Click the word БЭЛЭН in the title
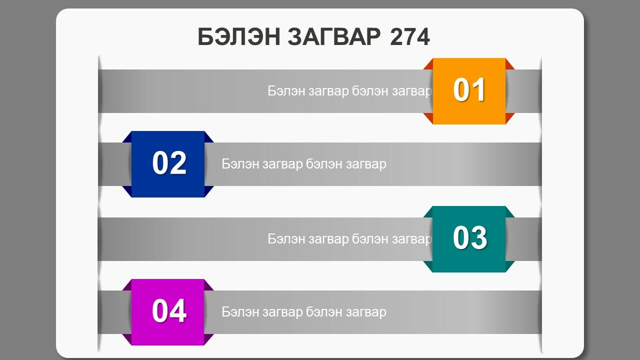click(x=239, y=37)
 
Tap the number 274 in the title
click(x=409, y=37)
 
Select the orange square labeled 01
click(x=469, y=91)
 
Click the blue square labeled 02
click(x=168, y=164)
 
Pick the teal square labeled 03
click(x=469, y=239)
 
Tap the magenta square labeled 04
click(x=168, y=312)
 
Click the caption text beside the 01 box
click(x=349, y=91)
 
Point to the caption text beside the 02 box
click(x=304, y=164)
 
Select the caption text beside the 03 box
click(x=349, y=239)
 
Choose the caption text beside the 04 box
click(x=304, y=312)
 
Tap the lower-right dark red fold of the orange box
click(x=509, y=117)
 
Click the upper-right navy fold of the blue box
click(x=208, y=138)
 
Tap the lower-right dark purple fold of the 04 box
click(x=208, y=338)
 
